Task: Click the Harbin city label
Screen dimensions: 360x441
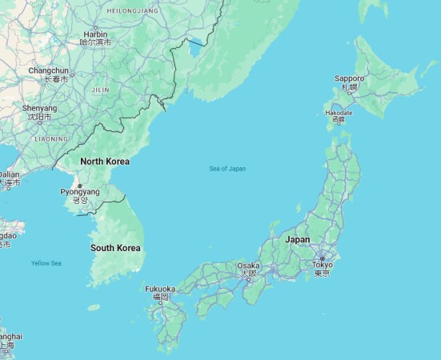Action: tap(95, 34)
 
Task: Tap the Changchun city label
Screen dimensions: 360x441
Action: tap(49, 71)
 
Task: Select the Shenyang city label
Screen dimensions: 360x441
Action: tap(39, 108)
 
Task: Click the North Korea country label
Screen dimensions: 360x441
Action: tap(104, 162)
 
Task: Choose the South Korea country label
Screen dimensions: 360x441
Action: tap(115, 248)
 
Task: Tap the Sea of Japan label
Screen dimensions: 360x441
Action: tap(227, 169)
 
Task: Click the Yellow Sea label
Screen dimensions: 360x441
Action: tap(46, 263)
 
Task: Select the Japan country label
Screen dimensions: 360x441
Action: tap(297, 239)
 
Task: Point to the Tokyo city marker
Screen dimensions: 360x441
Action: tap(323, 258)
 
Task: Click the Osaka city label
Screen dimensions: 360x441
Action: tap(248, 266)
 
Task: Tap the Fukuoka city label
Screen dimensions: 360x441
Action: tap(160, 289)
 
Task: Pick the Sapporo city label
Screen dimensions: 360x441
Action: tap(349, 78)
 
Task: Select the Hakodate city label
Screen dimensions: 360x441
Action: tap(339, 113)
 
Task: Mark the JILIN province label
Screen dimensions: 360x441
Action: tap(101, 90)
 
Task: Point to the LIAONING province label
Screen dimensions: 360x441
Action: tap(51, 138)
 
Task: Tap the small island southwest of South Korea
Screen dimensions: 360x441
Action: tap(94, 307)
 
